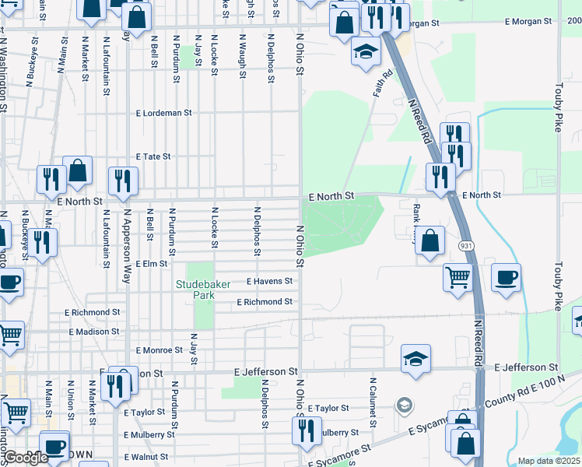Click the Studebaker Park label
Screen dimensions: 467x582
(x=203, y=290)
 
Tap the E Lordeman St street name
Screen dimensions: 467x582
(x=163, y=113)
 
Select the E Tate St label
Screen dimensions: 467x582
(x=153, y=156)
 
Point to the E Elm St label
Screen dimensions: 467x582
(x=151, y=264)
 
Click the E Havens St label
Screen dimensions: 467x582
(x=269, y=281)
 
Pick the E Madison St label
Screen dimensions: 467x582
(x=94, y=332)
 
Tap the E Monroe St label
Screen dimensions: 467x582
(x=159, y=351)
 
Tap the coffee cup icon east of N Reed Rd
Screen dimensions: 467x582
(x=506, y=279)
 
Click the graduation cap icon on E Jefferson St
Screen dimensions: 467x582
(x=415, y=359)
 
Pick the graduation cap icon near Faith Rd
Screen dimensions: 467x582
(x=365, y=52)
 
